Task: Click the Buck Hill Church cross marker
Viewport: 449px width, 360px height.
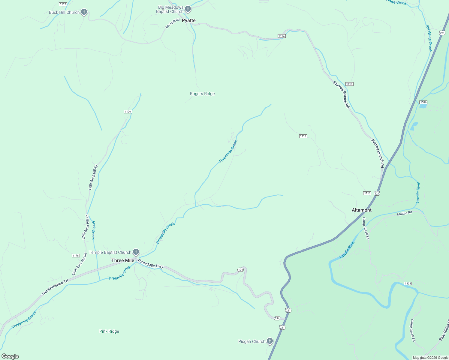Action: [x=84, y=12]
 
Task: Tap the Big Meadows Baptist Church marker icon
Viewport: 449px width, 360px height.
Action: [x=188, y=9]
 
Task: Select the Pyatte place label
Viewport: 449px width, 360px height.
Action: [x=189, y=20]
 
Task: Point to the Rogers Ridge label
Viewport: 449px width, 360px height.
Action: [x=202, y=94]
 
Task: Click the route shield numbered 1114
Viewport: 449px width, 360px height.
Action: [x=281, y=36]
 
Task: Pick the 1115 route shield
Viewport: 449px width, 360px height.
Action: [x=349, y=84]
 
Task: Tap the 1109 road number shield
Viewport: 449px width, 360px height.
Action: [x=128, y=112]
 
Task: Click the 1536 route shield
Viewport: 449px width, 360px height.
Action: [x=423, y=102]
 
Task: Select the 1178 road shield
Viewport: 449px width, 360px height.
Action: [x=76, y=256]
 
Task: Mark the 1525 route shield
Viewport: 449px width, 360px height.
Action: [x=408, y=283]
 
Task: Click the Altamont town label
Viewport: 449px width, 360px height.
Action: [x=362, y=210]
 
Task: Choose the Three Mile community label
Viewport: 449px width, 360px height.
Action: [x=123, y=260]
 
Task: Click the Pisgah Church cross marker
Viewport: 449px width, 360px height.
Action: [x=270, y=341]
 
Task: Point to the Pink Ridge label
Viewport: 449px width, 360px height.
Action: [x=109, y=331]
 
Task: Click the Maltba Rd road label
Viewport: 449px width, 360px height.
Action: [x=405, y=213]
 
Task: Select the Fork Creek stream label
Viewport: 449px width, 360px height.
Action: [x=93, y=230]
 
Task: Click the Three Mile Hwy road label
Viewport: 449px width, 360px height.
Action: [x=150, y=264]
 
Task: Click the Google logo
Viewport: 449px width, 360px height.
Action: [x=10, y=356]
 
